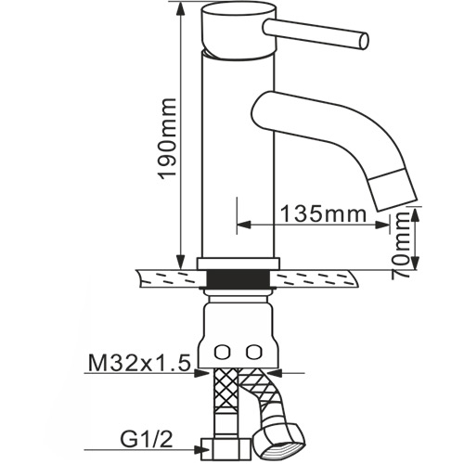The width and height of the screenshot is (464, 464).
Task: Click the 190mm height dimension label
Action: [x=167, y=138]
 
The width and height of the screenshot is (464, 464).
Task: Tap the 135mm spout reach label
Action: [x=323, y=214]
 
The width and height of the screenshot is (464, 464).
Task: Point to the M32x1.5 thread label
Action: [x=139, y=363]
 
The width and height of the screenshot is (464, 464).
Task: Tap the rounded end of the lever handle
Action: [x=364, y=40]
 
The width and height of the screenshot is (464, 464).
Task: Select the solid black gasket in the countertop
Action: [x=238, y=278]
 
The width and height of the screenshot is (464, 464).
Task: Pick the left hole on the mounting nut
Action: [x=222, y=352]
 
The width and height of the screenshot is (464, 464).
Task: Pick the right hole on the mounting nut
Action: [x=253, y=351]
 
